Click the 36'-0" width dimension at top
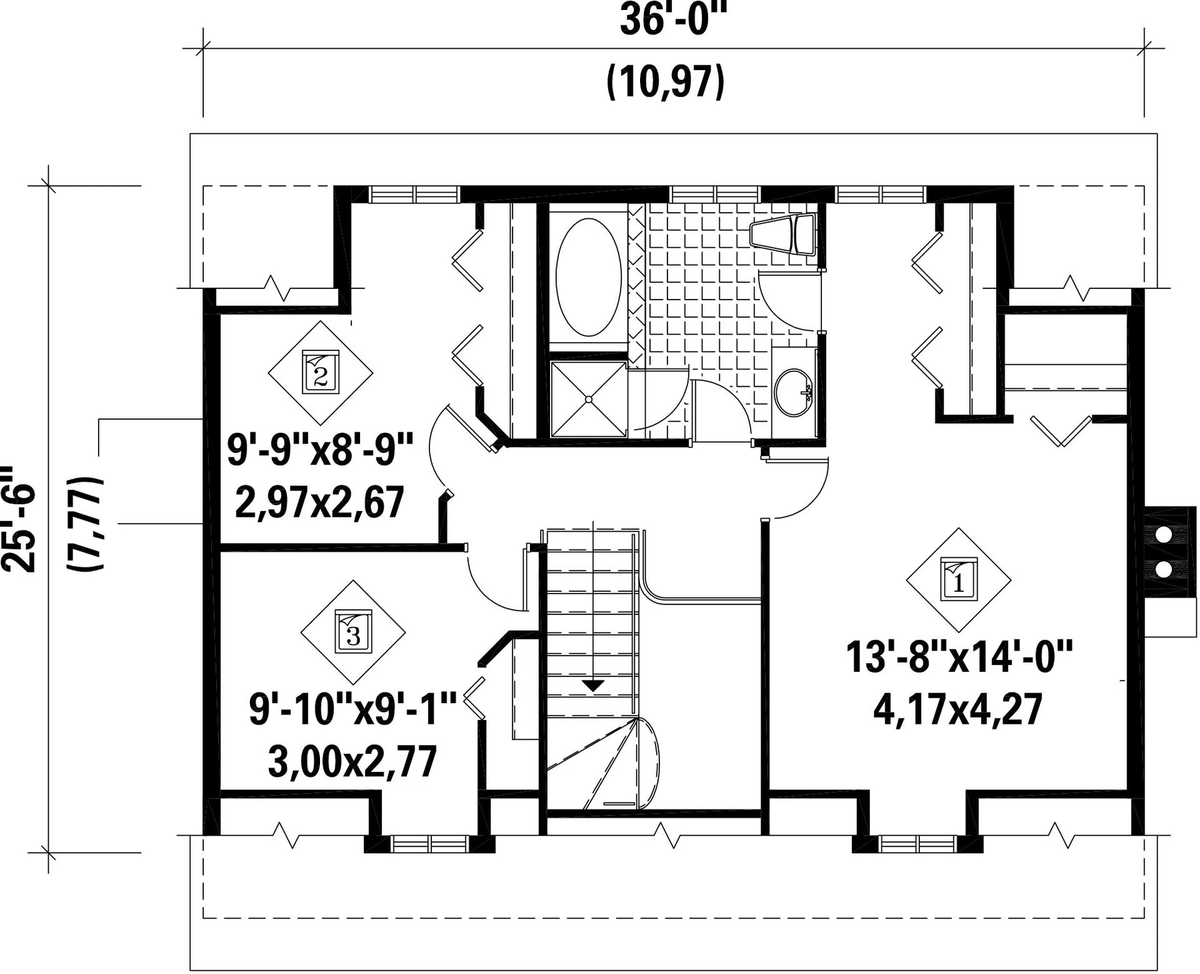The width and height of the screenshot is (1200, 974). [x=671, y=20]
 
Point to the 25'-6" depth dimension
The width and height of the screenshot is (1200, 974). [x=17, y=519]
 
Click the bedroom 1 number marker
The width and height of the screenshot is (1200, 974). [x=959, y=580]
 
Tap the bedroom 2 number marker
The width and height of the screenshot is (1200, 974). [x=321, y=372]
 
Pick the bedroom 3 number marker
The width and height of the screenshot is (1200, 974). [x=353, y=631]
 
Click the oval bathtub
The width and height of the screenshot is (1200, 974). [x=589, y=275]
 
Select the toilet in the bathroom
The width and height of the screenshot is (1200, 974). [x=783, y=234]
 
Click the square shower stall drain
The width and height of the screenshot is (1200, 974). [x=589, y=399]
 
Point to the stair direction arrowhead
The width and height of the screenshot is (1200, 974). [x=593, y=685]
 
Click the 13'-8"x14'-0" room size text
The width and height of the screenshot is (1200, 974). [x=959, y=657]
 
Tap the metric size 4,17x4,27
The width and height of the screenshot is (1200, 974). [x=957, y=709]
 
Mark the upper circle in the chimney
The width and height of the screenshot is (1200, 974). [x=1163, y=535]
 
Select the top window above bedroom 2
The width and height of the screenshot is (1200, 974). [x=415, y=194]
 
